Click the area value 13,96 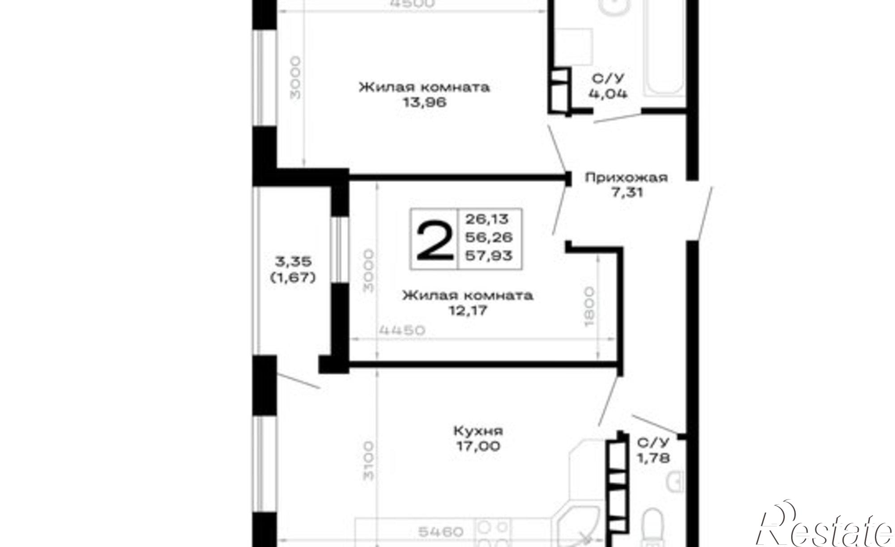point(425,102)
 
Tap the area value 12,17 point(468,310)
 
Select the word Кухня point(478,431)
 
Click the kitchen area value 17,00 point(478,446)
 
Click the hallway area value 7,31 point(626,193)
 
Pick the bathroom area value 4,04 point(608,94)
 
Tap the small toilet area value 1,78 point(653,458)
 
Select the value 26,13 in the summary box point(487,219)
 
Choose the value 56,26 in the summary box point(489,237)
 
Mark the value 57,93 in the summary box point(489,255)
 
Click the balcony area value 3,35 point(293,261)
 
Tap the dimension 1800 point(589,306)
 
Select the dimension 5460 point(441,532)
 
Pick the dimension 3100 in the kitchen point(368,461)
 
